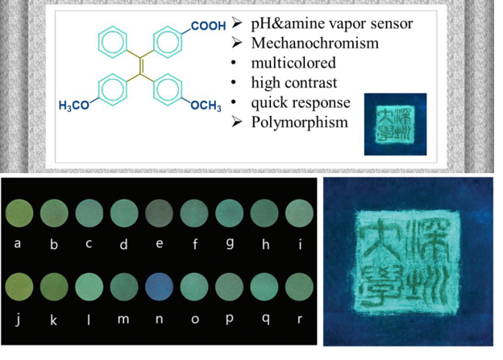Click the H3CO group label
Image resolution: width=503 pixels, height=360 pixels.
tap(76, 106)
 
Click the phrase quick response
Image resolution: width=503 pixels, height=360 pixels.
tap(301, 102)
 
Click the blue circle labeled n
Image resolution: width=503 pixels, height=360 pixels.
tap(159, 287)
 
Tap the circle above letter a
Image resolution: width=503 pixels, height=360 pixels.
tap(19, 214)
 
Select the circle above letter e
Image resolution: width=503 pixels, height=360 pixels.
tap(159, 214)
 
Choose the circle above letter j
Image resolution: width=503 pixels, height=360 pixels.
tap(19, 287)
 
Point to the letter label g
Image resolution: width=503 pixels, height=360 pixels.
tap(230, 245)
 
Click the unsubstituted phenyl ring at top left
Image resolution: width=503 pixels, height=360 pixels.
tap(113, 41)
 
